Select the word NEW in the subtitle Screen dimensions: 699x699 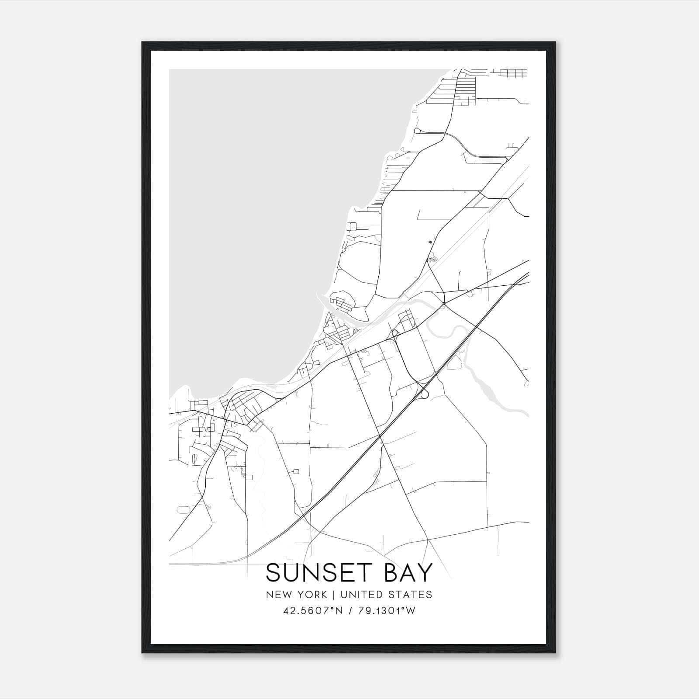(277, 595)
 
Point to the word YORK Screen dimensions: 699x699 (311, 595)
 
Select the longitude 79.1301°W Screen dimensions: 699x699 (386, 611)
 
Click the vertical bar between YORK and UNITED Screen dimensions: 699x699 (334, 595)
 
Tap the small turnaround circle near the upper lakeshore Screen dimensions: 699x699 (417, 130)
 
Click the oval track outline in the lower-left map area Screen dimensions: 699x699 (183, 509)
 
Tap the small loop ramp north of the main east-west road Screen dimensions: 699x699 (395, 334)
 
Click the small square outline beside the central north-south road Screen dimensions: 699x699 (297, 471)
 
